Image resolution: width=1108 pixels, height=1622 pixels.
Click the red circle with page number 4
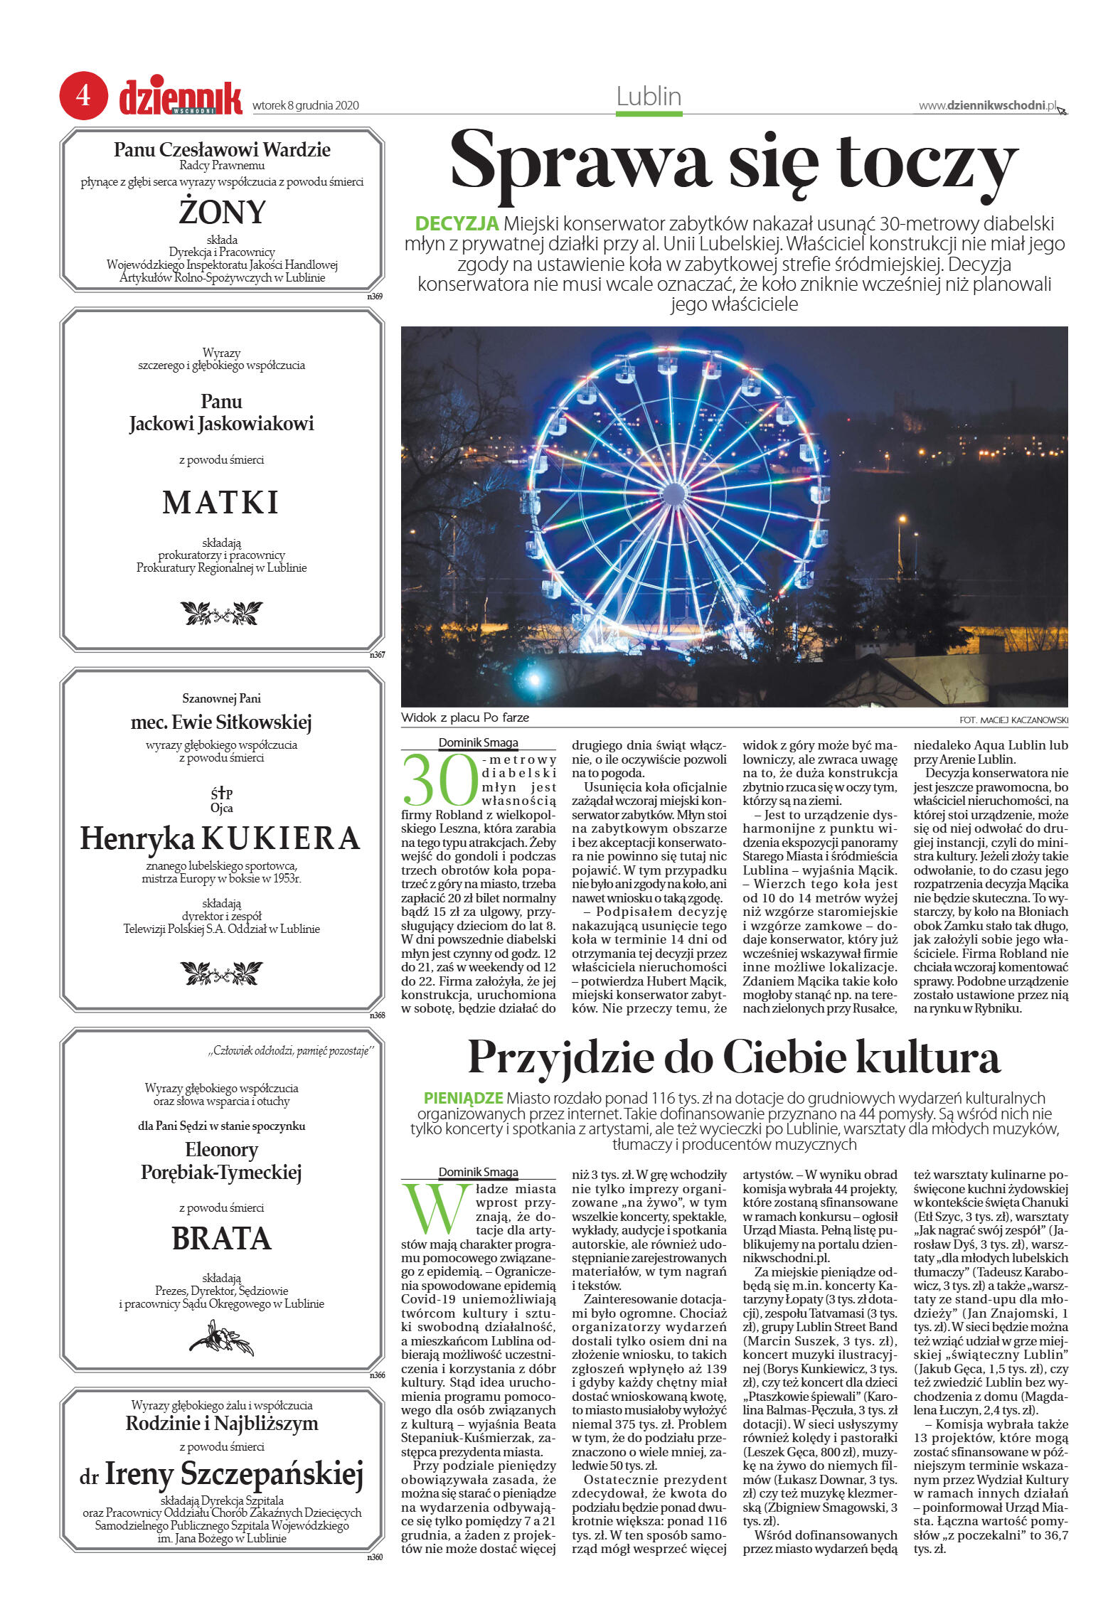(83, 95)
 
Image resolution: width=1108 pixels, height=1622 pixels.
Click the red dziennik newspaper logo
(181, 98)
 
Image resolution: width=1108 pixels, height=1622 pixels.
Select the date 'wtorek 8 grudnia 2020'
(306, 106)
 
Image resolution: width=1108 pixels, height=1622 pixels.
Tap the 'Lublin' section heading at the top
(649, 97)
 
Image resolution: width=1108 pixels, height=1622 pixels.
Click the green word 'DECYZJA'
(457, 224)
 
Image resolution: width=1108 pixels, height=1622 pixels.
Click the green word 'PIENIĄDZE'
(463, 1098)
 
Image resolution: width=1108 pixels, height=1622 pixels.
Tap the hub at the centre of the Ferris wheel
(673, 493)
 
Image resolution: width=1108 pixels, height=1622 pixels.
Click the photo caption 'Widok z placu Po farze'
(465, 717)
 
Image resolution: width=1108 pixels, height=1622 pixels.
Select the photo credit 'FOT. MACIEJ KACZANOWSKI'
(1013, 720)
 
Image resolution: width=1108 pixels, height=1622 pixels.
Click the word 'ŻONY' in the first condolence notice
(222, 212)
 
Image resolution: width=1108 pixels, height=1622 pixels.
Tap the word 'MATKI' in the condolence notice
(221, 503)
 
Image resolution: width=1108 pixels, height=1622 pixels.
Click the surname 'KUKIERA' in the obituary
(282, 838)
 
